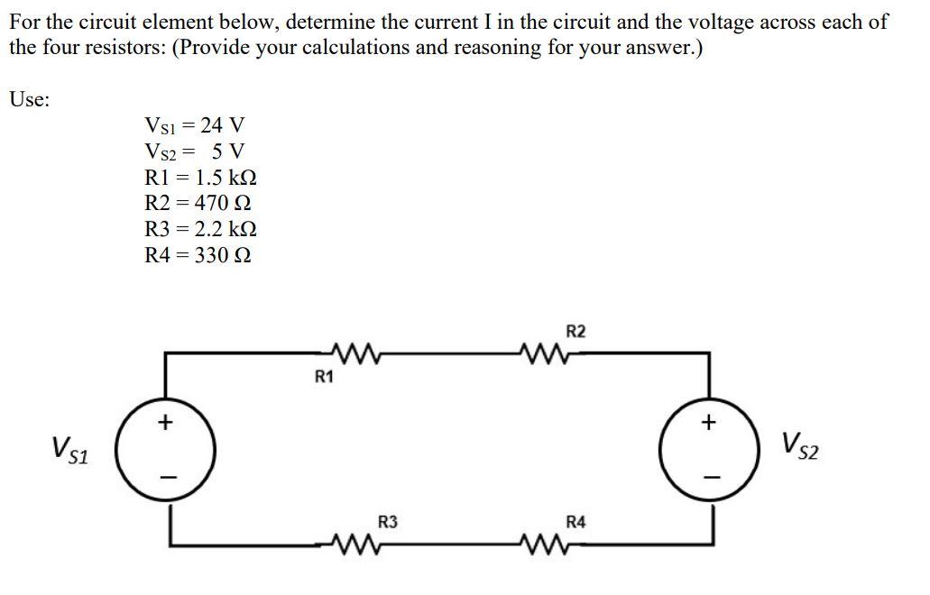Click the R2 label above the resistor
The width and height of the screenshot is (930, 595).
[x=576, y=332]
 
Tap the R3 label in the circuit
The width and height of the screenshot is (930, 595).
[x=388, y=521]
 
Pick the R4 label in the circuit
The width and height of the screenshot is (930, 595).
[x=575, y=521]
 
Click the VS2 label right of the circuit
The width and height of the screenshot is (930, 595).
[x=802, y=444]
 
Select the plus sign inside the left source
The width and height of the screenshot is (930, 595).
[x=165, y=422]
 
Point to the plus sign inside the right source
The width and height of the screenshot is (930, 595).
[x=709, y=422]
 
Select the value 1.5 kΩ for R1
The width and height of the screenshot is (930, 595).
[x=226, y=177]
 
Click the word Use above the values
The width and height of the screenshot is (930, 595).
[x=29, y=99]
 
